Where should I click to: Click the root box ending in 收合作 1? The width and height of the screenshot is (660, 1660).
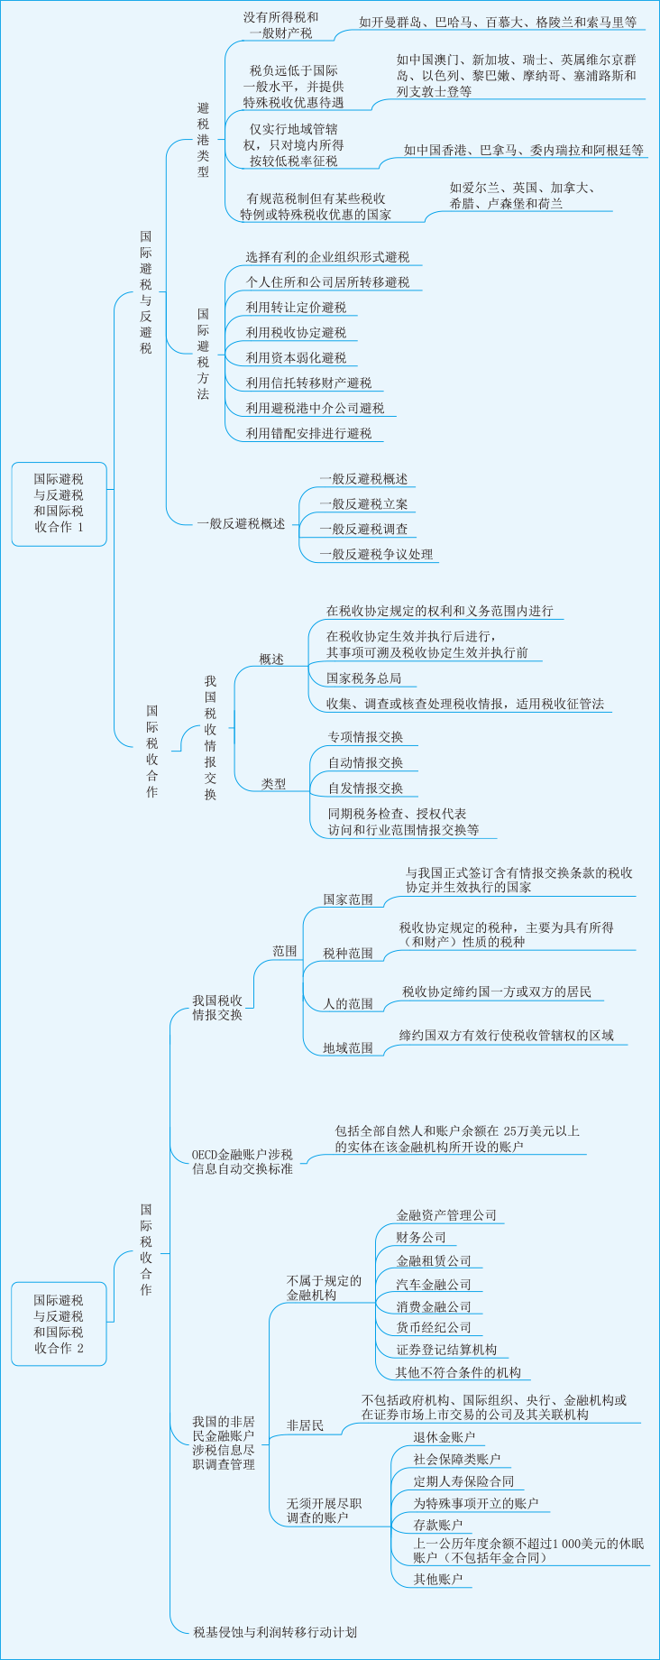click(59, 503)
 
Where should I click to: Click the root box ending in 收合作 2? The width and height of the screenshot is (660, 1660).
click(59, 1323)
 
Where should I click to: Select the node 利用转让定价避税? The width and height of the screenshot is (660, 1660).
click(296, 308)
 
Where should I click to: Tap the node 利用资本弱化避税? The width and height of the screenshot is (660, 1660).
click(296, 358)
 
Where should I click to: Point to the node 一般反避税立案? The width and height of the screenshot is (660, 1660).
click(363, 504)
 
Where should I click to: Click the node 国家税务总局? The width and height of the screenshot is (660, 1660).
click(363, 678)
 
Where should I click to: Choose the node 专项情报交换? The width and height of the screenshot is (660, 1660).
click(365, 737)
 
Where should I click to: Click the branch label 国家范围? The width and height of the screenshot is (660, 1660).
click(348, 899)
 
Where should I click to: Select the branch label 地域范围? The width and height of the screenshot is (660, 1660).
click(348, 1048)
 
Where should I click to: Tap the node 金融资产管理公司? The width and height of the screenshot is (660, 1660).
click(446, 1215)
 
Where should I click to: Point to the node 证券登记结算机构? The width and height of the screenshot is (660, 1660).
click(446, 1350)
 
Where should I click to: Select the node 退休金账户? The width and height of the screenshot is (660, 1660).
click(444, 1437)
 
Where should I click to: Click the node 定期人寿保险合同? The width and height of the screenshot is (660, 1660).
click(463, 1481)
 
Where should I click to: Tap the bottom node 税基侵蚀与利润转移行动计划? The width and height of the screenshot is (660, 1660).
click(275, 1632)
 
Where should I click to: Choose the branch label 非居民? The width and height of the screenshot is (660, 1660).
click(305, 1425)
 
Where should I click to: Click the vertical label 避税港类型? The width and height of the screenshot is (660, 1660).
click(203, 140)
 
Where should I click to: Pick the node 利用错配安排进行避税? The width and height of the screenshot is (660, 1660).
click(308, 434)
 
